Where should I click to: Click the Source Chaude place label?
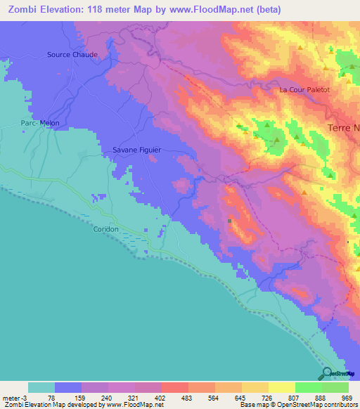point(72,54)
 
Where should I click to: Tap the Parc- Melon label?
point(40,123)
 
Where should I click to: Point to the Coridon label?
point(105,229)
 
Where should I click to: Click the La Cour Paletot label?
point(304,90)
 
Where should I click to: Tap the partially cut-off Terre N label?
point(344,128)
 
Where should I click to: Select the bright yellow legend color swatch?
point(281,387)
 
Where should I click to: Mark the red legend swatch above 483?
point(174,387)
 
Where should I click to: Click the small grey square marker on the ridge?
point(230,221)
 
